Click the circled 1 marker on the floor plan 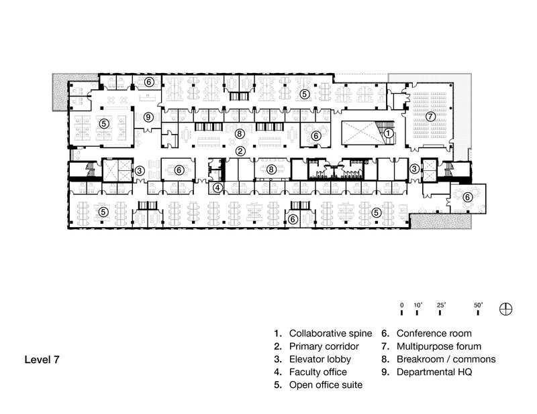point(388,133)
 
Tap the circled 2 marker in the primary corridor point(239,151)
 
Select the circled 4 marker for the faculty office point(218,188)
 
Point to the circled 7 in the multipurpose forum point(431,116)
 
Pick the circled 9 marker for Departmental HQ point(149,117)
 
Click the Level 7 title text point(42,360)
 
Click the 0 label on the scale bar point(401,305)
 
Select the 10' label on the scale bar point(418,305)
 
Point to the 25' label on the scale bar point(442,305)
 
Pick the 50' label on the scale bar point(479,305)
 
